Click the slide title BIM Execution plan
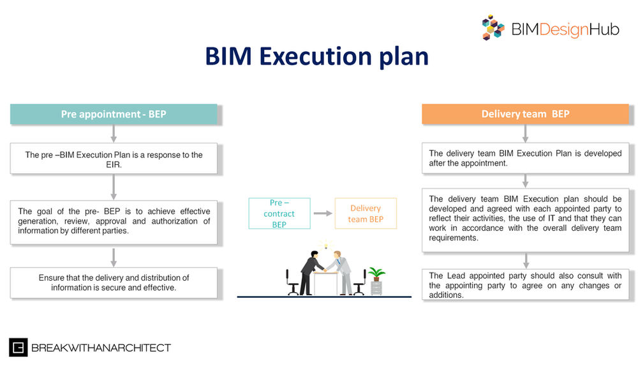pos(316,56)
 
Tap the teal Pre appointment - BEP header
pos(114,114)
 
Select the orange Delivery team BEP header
pos(525,114)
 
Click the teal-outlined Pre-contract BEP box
pos(279,214)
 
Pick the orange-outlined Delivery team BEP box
pos(365,214)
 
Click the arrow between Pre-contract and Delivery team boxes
pos(323,214)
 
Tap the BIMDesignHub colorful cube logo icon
pos(493,27)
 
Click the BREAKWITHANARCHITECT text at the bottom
pos(101,348)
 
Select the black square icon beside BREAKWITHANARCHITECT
pos(18,348)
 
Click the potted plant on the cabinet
pos(377,274)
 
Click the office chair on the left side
pos(293,281)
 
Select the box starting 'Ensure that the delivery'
pos(114,283)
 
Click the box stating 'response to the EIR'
pos(114,159)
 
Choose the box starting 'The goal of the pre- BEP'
pos(114,221)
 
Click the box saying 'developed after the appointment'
pos(525,158)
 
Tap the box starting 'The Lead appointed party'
pos(525,285)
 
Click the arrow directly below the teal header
pos(114,133)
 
